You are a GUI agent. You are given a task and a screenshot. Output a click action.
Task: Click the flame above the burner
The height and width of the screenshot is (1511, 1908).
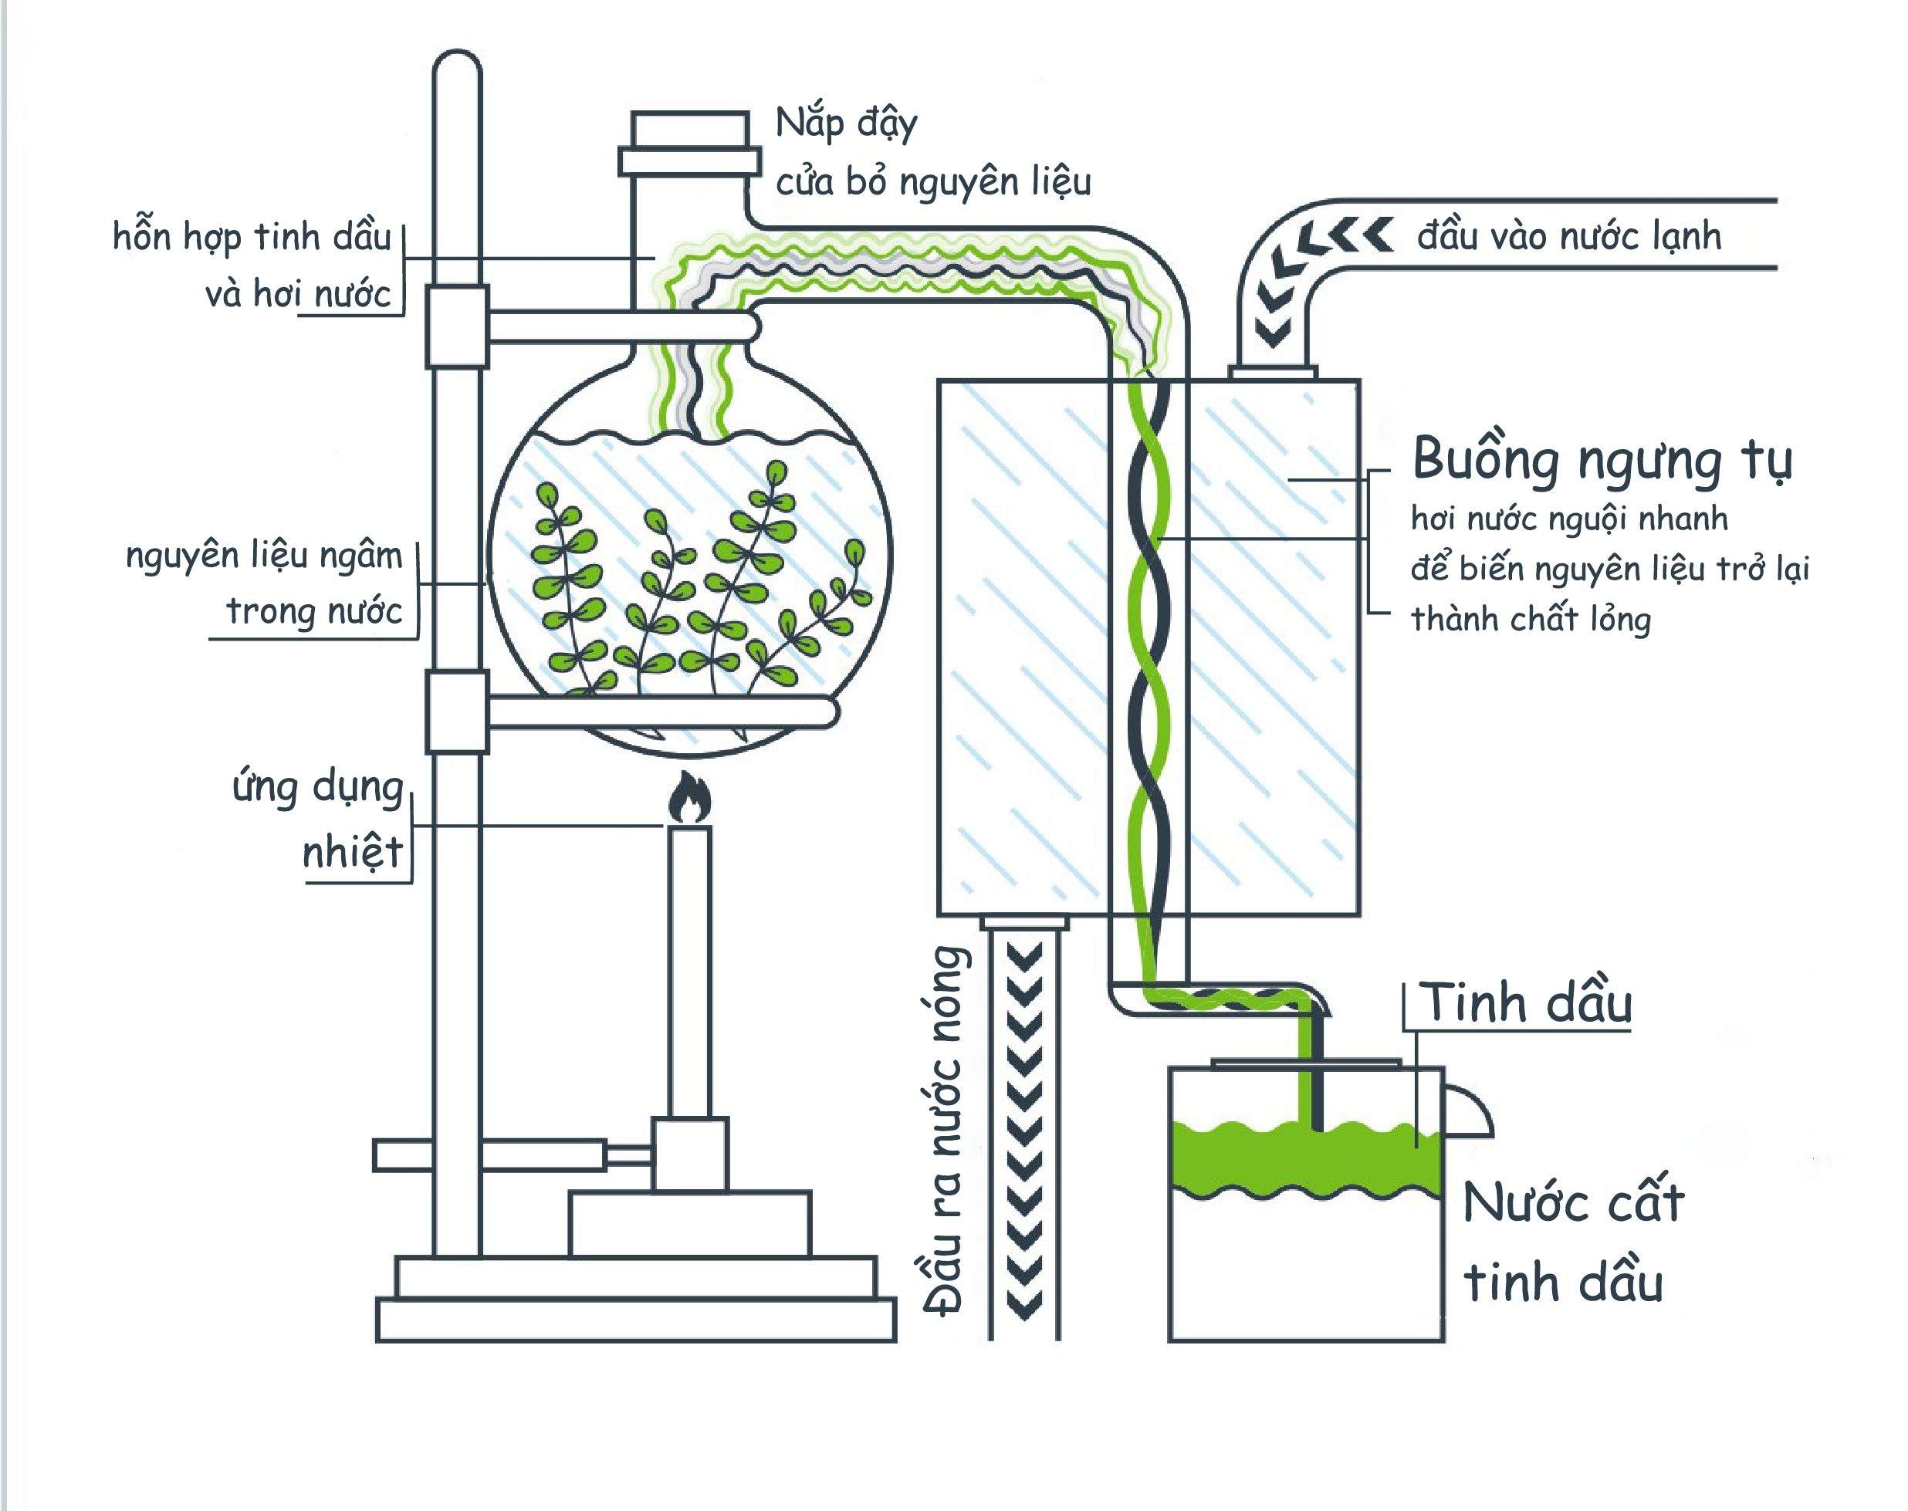click(689, 799)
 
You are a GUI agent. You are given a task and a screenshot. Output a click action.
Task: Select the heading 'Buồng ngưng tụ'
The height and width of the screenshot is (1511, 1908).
click(1602, 460)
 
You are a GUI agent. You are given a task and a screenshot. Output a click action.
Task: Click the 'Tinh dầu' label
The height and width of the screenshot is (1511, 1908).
click(1526, 1004)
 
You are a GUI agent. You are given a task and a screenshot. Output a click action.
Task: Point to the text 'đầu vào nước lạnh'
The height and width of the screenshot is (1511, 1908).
click(1568, 236)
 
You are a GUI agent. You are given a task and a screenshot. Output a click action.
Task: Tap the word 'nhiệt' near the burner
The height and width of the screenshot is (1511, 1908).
click(352, 851)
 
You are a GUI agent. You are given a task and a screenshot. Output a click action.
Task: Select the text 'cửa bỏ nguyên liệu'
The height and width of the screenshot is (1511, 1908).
click(933, 181)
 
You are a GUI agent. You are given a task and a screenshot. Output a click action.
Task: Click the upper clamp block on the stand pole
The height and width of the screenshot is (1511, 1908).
click(456, 326)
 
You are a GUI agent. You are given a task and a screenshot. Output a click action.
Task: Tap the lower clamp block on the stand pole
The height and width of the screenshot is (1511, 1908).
click(456, 712)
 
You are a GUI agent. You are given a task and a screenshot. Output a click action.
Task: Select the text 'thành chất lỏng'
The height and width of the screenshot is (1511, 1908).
click(1531, 619)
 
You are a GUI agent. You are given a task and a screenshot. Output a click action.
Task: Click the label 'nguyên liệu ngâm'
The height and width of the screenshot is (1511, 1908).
click(264, 556)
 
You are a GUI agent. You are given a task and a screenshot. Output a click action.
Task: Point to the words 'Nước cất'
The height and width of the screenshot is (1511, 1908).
click(1573, 1202)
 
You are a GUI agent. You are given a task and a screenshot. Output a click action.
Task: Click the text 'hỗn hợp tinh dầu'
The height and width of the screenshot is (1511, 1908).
click(251, 237)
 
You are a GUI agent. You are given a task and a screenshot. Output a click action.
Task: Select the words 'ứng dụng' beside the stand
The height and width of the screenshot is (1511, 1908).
click(317, 786)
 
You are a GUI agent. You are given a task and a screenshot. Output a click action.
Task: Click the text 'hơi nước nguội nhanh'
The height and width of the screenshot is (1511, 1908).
click(1568, 519)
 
